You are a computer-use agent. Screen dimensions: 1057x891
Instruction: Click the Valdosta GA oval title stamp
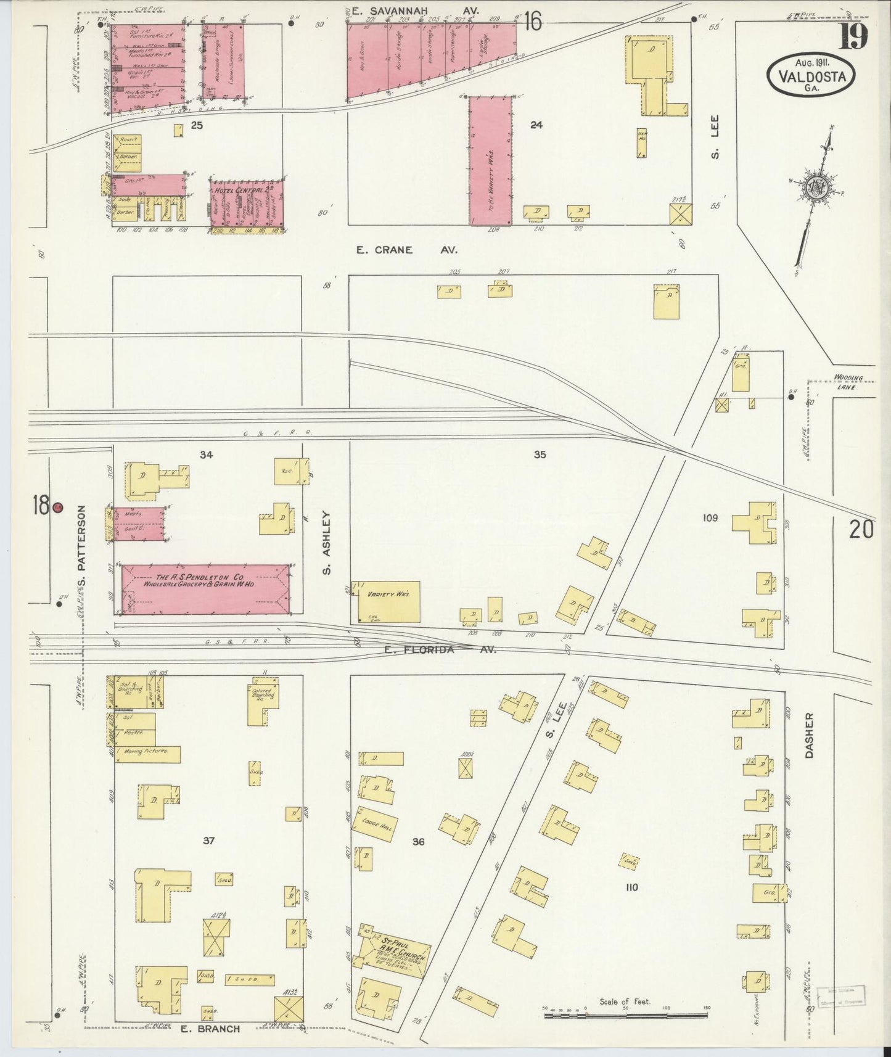[811, 73]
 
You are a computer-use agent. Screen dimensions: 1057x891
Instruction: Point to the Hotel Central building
[247, 202]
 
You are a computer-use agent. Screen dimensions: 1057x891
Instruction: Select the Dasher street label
[810, 735]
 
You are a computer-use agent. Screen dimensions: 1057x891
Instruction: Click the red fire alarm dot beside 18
[57, 507]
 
